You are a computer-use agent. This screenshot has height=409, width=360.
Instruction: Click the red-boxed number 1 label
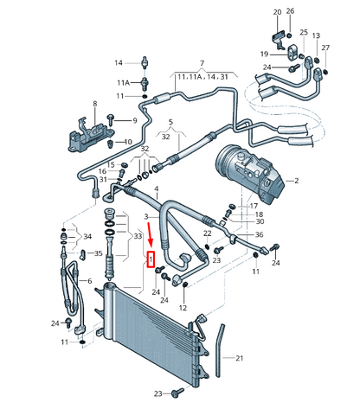(151, 259)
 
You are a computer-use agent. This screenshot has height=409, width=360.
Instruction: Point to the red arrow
(150, 235)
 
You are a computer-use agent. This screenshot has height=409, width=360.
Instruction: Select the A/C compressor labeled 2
(250, 174)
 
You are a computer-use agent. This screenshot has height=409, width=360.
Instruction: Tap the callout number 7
(202, 63)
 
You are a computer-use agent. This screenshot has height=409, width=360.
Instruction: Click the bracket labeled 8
(90, 136)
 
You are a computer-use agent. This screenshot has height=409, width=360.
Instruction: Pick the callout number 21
(240, 358)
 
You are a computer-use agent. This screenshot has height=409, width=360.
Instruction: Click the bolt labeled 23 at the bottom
(177, 393)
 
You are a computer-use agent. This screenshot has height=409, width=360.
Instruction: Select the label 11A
(123, 83)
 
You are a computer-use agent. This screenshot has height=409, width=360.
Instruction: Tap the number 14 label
(119, 62)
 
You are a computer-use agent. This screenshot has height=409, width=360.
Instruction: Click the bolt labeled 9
(110, 119)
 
